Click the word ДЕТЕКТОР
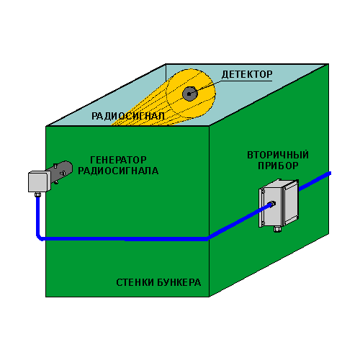click(247, 74)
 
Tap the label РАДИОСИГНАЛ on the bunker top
click(128, 116)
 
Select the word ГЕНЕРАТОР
click(118, 160)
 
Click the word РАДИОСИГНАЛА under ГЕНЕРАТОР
click(118, 171)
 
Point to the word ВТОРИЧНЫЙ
click(278, 155)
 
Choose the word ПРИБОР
click(278, 166)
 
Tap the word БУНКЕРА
click(179, 282)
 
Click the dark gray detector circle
click(190, 94)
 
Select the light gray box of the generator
click(39, 181)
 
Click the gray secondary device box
click(279, 204)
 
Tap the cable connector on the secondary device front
click(272, 204)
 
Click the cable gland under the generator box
click(37, 194)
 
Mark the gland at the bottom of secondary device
click(277, 229)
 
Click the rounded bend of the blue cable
click(39, 236)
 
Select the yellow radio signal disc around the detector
click(191, 94)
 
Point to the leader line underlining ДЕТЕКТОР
click(246, 81)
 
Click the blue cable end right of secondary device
click(329, 174)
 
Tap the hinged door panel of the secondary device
click(292, 202)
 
